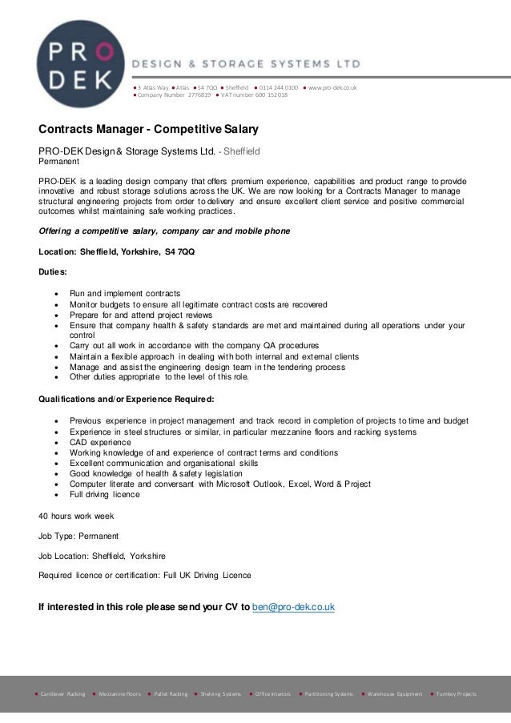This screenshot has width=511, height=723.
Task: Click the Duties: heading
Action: pyautogui.click(x=54, y=272)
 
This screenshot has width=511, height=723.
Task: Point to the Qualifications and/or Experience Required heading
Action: pyautogui.click(x=127, y=398)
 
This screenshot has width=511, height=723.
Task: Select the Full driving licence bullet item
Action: pyautogui.click(x=105, y=494)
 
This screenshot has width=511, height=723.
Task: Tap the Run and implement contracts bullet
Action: pyautogui.click(x=125, y=293)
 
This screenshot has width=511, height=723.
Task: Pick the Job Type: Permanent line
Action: pyautogui.click(x=78, y=535)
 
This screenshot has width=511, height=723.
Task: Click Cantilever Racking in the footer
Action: pyautogui.click(x=62, y=693)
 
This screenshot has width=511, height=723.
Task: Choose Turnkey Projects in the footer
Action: pyautogui.click(x=457, y=693)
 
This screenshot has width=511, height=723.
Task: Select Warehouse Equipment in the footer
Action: pyautogui.click(x=395, y=693)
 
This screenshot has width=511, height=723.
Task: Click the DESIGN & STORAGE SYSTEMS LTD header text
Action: pyautogui.click(x=246, y=62)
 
